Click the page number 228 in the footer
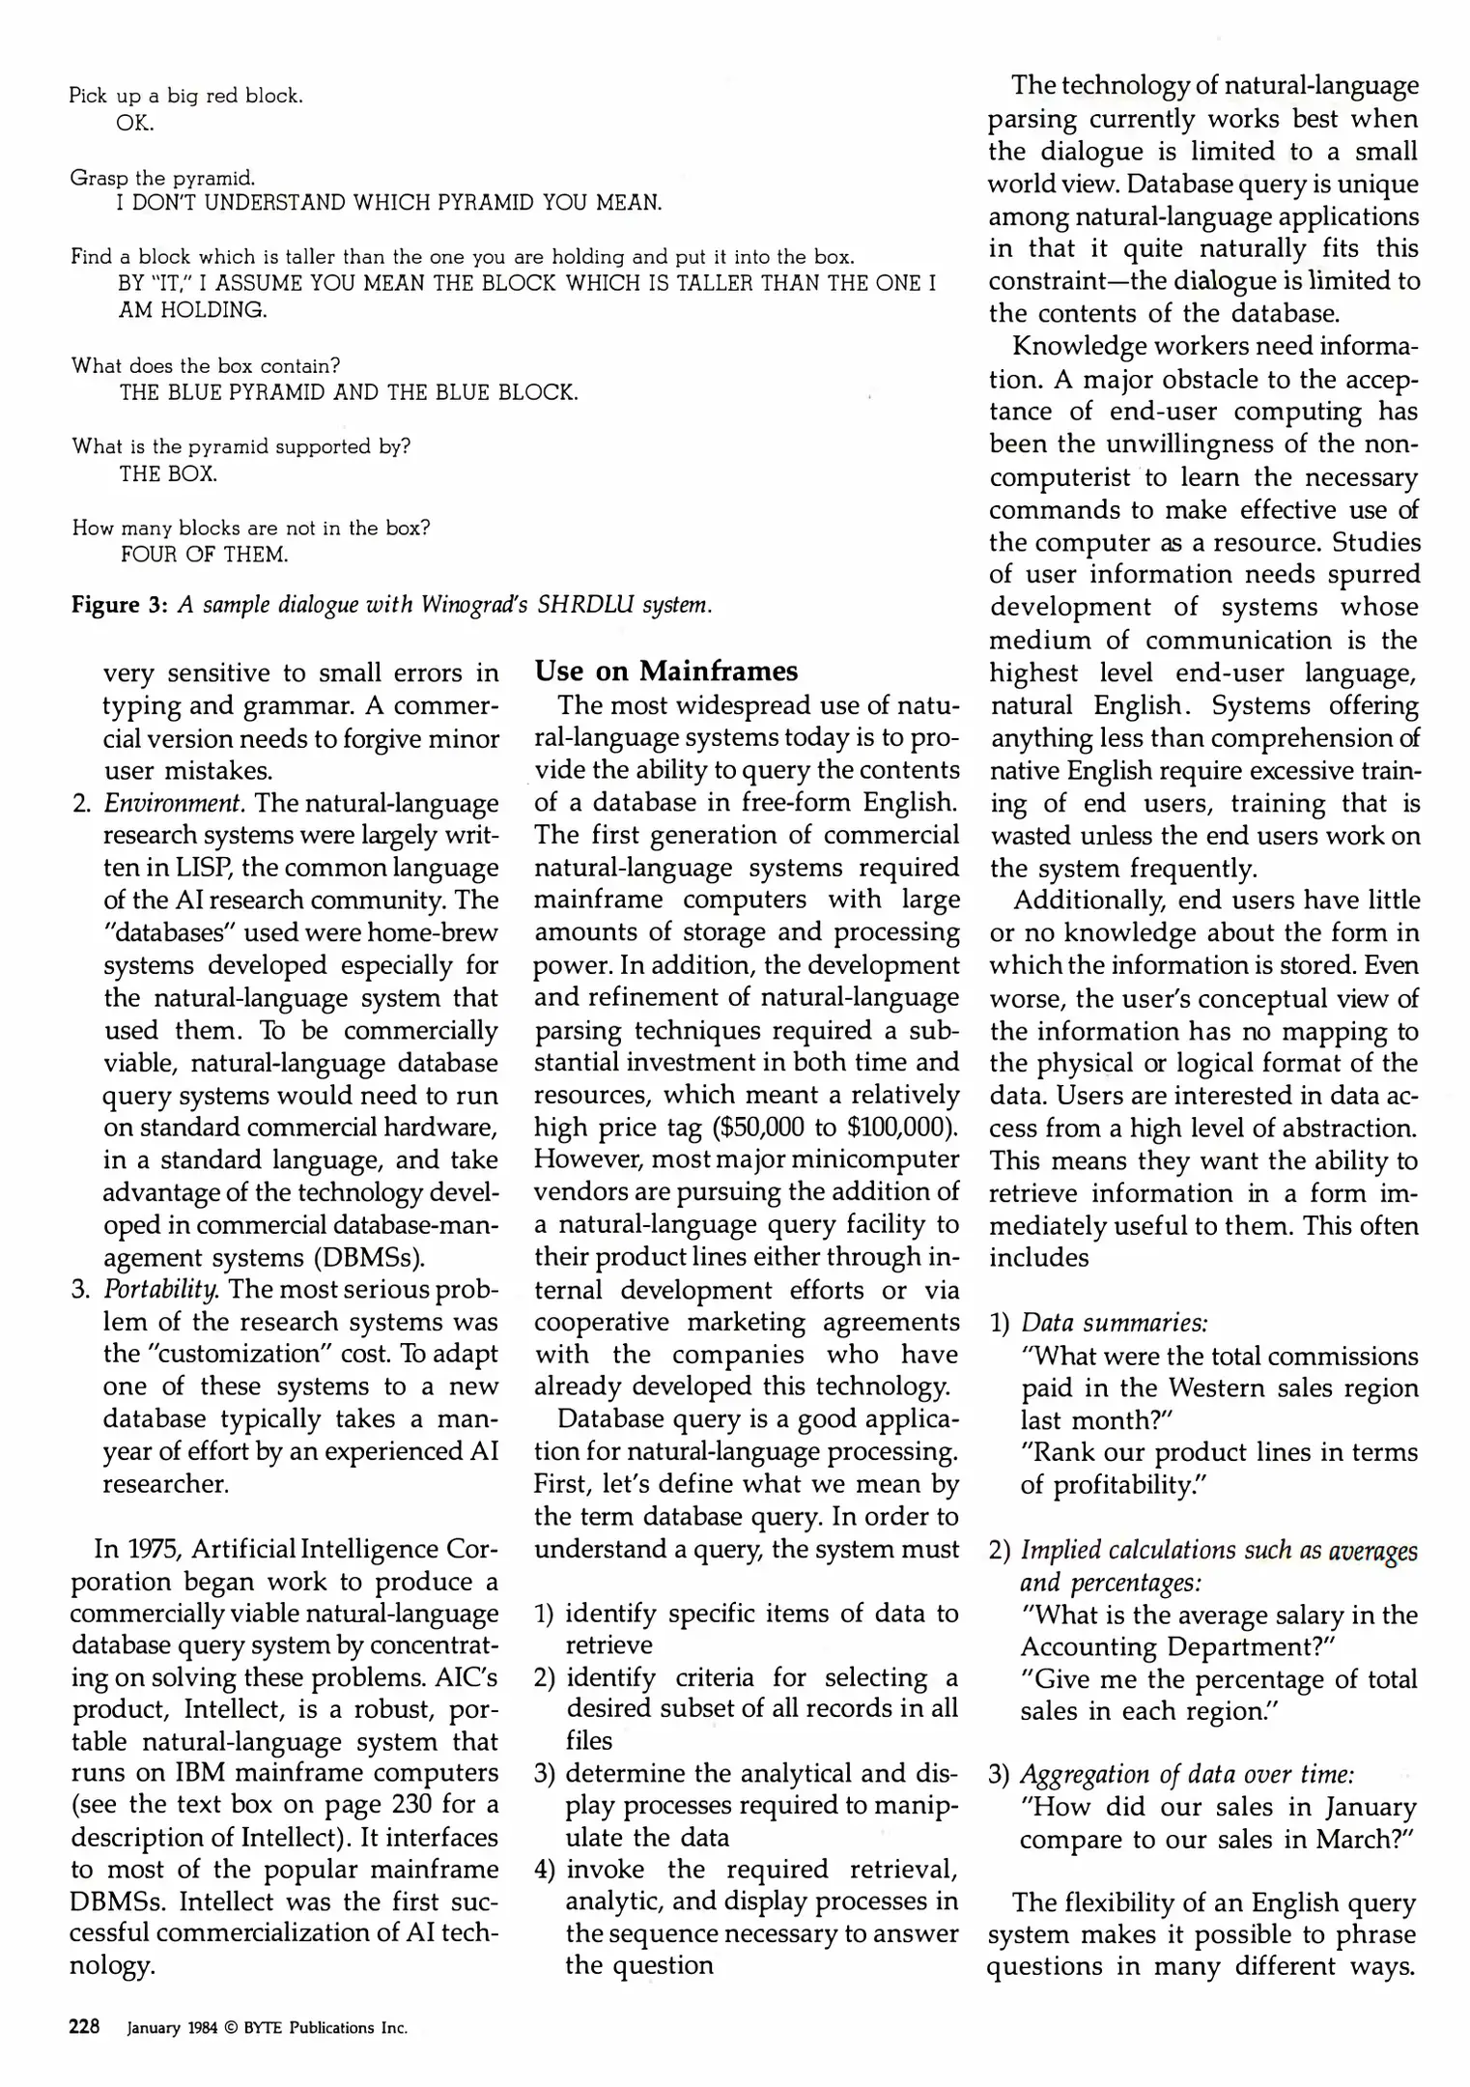(x=85, y=2027)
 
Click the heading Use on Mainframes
(x=666, y=671)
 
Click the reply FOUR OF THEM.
(x=204, y=555)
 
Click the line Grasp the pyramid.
(x=163, y=178)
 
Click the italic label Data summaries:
(x=1115, y=1323)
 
